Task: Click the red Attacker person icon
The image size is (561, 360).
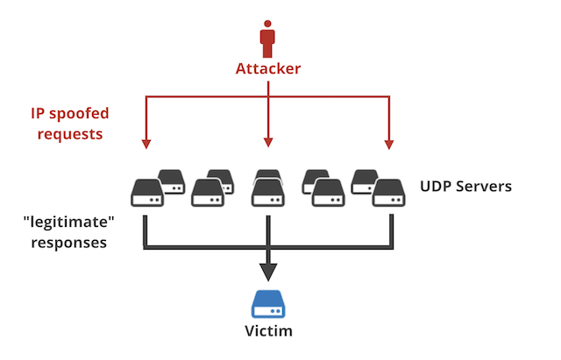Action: [x=267, y=39]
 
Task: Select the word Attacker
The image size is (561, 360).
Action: [x=267, y=67]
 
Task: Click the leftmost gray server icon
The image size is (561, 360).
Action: [x=146, y=193]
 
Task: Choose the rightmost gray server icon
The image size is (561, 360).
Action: [x=387, y=193]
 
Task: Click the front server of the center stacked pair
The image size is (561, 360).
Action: [x=267, y=193]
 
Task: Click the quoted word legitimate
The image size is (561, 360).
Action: [x=68, y=220]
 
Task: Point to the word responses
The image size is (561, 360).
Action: [x=68, y=241]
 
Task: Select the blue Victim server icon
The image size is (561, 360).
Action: [x=267, y=304]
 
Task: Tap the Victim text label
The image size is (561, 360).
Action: [x=267, y=333]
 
